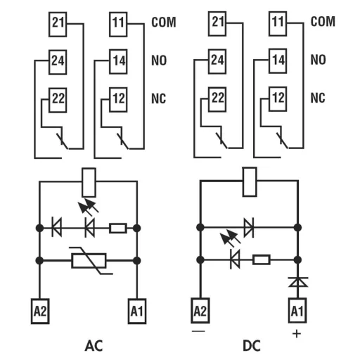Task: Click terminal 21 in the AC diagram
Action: pyautogui.click(x=58, y=24)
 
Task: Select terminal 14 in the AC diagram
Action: pyautogui.click(x=117, y=60)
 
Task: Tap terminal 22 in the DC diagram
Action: pyautogui.click(x=218, y=97)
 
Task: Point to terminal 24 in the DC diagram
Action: pyautogui.click(x=218, y=60)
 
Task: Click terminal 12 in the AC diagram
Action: pyautogui.click(x=117, y=97)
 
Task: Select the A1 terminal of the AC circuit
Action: pyautogui.click(x=136, y=309)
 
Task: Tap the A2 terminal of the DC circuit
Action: pyautogui.click(x=200, y=309)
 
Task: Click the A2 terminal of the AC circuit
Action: pyautogui.click(x=39, y=309)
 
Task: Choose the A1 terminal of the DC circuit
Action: pyautogui.click(x=297, y=309)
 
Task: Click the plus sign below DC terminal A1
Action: pyautogui.click(x=297, y=333)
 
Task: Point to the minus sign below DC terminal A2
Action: pyautogui.click(x=200, y=329)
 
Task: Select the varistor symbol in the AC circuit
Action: pyautogui.click(x=89, y=261)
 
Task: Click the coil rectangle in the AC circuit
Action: pyautogui.click(x=89, y=182)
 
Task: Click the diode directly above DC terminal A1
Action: pyautogui.click(x=297, y=282)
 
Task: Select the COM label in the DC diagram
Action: pyautogui.click(x=323, y=22)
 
